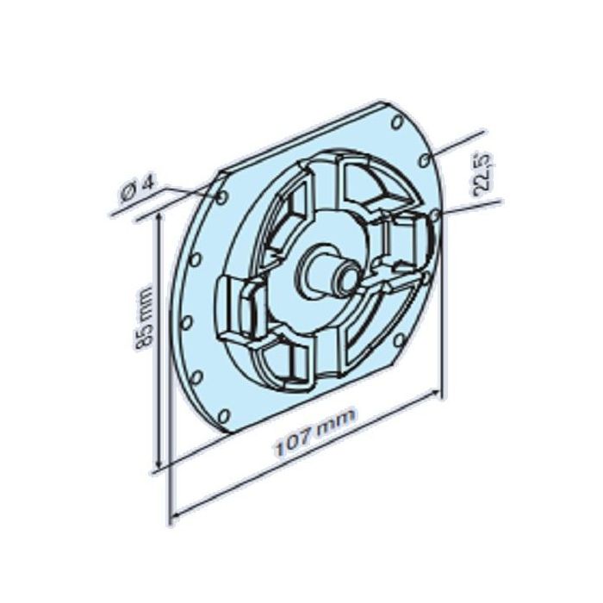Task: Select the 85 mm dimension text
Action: tap(146, 318)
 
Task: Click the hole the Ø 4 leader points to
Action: tap(223, 198)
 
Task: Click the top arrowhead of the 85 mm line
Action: tap(159, 221)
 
